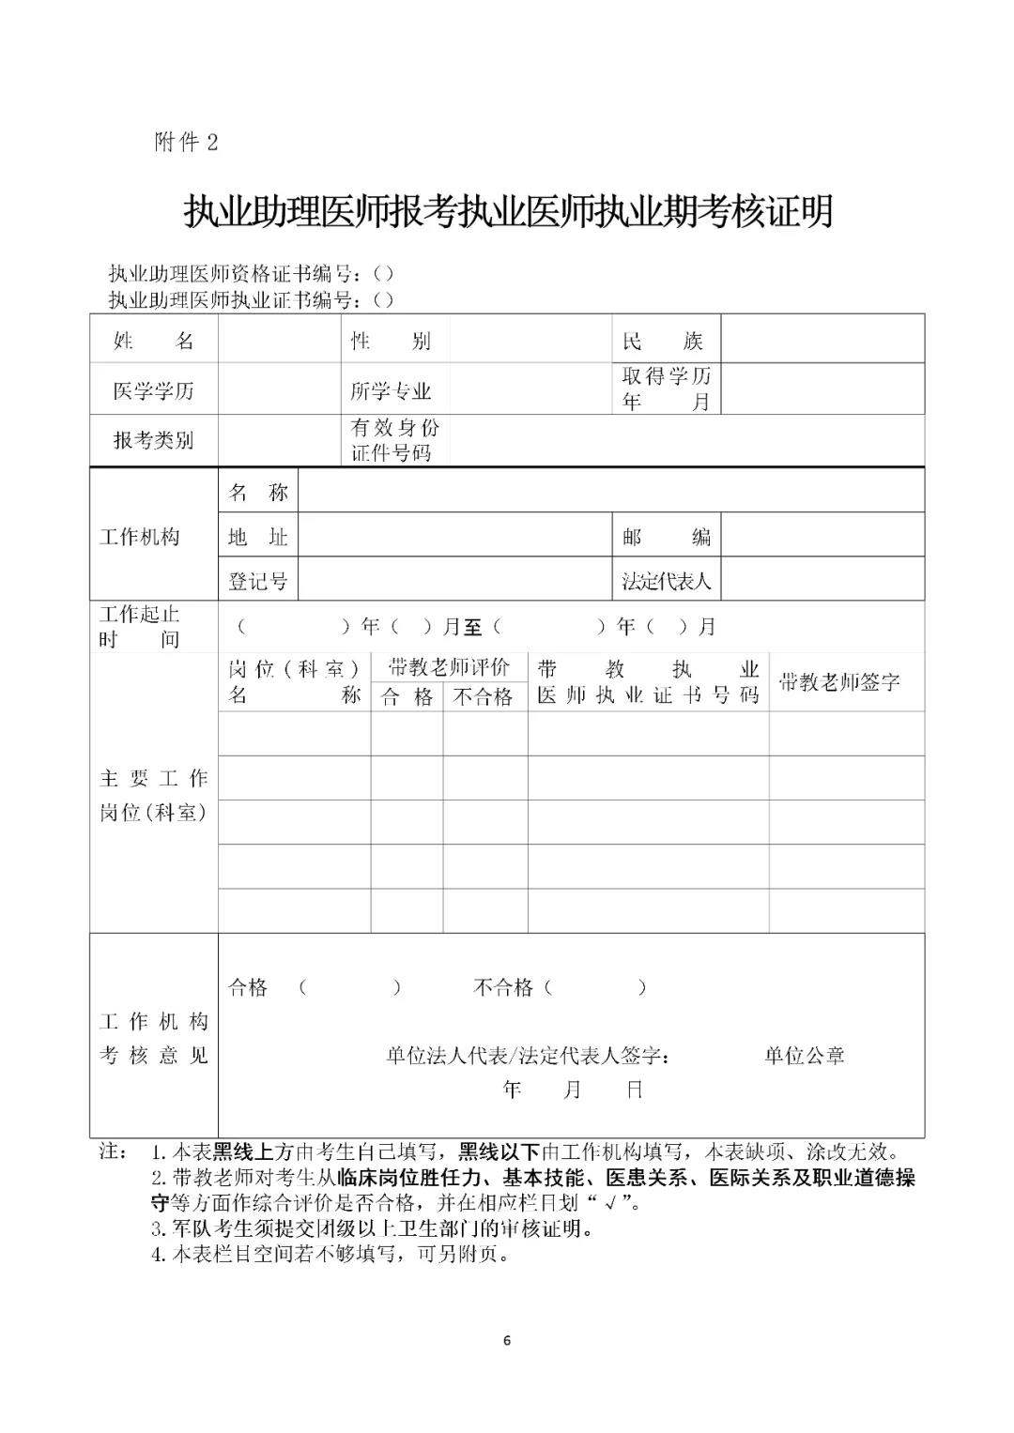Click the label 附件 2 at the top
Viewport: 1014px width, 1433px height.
[x=185, y=142]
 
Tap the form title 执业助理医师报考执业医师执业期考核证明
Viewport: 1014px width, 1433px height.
[x=508, y=212]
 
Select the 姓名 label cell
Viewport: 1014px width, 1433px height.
[x=153, y=341]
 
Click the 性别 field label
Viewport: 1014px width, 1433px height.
[x=391, y=341]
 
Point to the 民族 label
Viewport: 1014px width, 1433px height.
[x=663, y=341]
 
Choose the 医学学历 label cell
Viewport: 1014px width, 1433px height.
[x=153, y=390]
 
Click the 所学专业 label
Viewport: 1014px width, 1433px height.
[x=391, y=390]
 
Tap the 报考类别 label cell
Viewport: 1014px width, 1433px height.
[x=153, y=440]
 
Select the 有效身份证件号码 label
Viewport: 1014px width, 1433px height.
[x=394, y=440]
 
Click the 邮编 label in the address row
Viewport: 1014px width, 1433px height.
[x=666, y=537]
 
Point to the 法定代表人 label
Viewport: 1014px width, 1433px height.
[x=666, y=581]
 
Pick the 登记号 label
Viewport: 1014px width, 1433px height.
[x=257, y=581]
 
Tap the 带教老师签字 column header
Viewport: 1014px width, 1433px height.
[x=839, y=682]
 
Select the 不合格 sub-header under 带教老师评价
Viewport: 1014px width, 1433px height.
[x=484, y=697]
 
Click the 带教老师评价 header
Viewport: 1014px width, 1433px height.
[x=449, y=667]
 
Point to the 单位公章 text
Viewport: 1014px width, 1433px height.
[x=805, y=1056]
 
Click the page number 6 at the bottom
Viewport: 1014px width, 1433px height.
[x=507, y=1340]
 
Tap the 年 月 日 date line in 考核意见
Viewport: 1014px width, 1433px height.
[x=573, y=1090]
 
